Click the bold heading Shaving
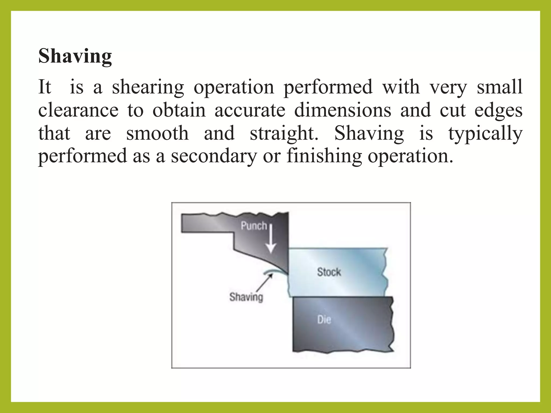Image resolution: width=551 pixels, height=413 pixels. (75, 56)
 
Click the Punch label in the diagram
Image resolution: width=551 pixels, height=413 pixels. (254, 226)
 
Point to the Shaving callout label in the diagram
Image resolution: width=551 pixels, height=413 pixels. (246, 297)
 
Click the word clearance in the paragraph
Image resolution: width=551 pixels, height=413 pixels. (78, 110)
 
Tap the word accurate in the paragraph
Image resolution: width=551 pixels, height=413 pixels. (250, 110)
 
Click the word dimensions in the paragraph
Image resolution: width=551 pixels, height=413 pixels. (342, 110)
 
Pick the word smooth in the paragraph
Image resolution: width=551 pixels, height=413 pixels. (157, 133)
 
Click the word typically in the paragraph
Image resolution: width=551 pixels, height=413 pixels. (485, 134)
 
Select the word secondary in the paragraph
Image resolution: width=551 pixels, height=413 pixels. (214, 156)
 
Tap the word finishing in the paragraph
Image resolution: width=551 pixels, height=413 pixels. (324, 156)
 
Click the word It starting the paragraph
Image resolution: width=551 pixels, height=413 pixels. (45, 87)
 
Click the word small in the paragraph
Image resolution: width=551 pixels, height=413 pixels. (499, 87)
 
